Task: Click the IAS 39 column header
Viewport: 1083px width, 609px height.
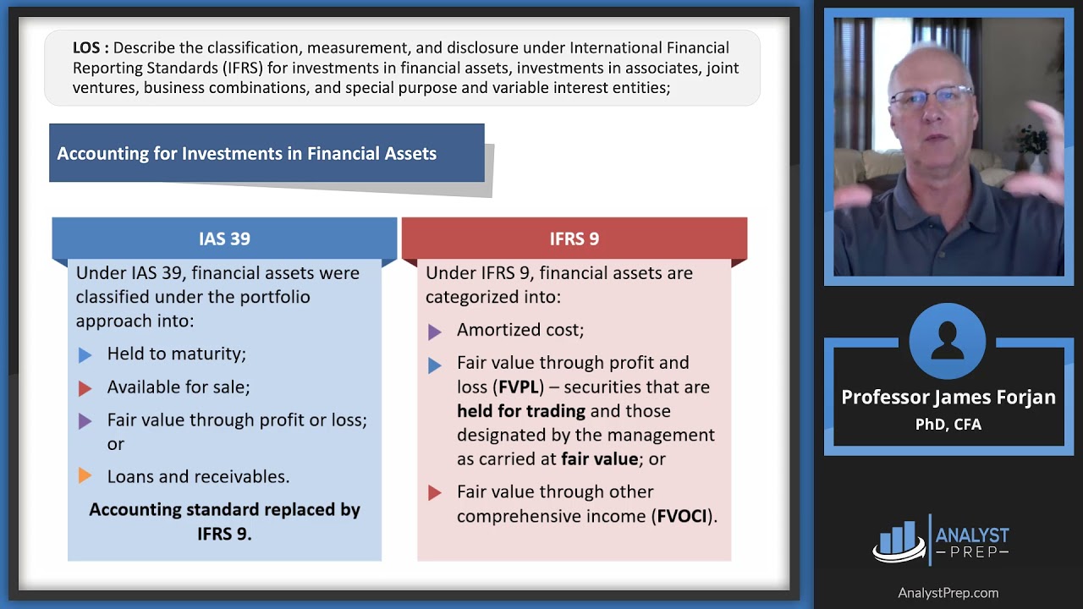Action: click(x=224, y=239)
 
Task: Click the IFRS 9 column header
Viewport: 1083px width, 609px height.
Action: click(x=574, y=239)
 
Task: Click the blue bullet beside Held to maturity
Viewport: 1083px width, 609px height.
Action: click(x=85, y=355)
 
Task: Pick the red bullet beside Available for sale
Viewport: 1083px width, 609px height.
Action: click(x=85, y=388)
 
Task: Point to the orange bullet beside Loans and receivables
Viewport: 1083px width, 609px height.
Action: click(x=85, y=477)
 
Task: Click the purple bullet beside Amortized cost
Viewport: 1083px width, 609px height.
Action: click(x=434, y=332)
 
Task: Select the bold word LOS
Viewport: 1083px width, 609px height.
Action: click(x=86, y=48)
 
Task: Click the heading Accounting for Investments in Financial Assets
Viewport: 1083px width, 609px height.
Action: click(x=246, y=153)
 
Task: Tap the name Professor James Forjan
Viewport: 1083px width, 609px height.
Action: click(x=948, y=398)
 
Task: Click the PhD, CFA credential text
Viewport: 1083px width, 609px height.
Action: click(x=948, y=424)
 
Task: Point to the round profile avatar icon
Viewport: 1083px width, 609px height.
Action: click(x=947, y=342)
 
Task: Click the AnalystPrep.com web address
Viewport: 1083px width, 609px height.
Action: click(x=948, y=593)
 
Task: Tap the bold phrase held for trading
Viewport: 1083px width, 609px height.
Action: click(x=521, y=411)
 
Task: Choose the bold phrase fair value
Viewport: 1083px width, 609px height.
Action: click(x=599, y=458)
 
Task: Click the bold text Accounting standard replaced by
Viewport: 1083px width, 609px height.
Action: click(x=224, y=509)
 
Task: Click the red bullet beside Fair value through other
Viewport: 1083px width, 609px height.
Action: click(x=434, y=493)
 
